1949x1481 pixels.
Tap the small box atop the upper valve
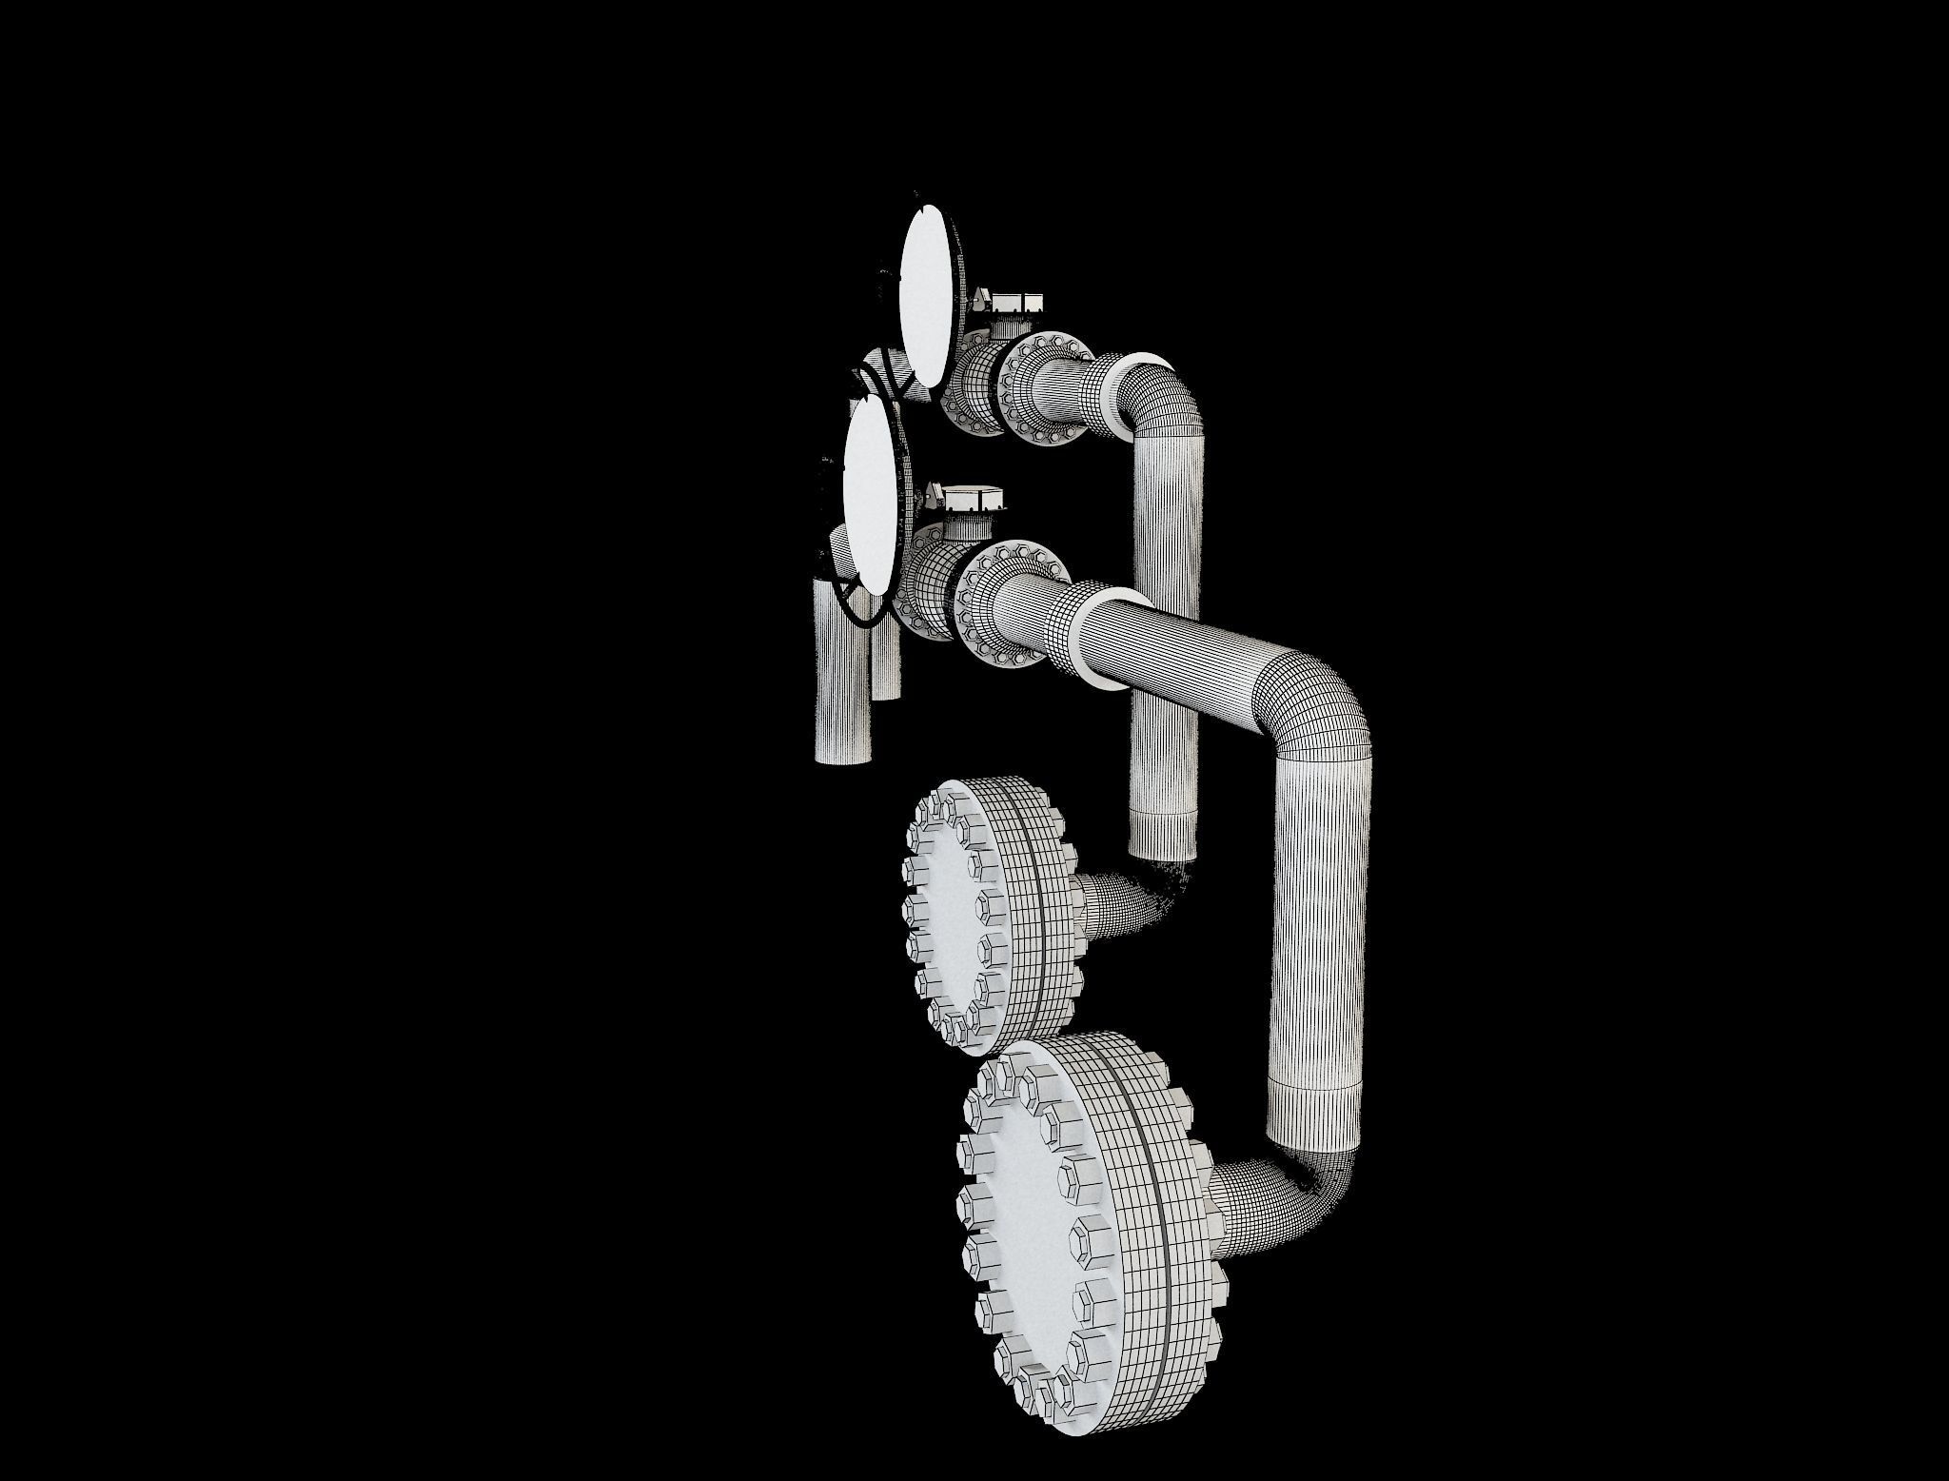pos(1017,304)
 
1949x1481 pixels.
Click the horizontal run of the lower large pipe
pos(1190,657)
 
